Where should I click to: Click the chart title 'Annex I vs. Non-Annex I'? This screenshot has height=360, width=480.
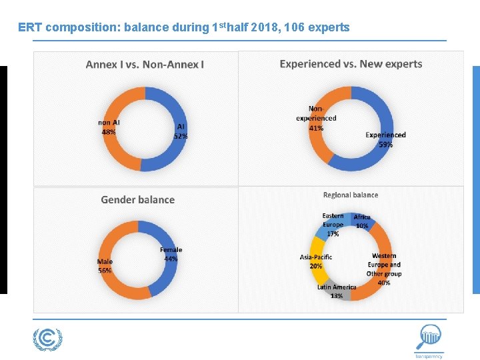[x=145, y=65]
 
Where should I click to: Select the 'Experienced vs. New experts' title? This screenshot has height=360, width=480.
[x=351, y=64]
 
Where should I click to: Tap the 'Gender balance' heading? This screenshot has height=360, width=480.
[x=137, y=199]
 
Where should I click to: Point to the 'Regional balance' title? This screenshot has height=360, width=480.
[x=350, y=195]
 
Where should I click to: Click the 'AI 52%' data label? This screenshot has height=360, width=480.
[x=180, y=131]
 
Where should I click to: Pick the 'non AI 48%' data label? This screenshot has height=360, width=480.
[x=109, y=127]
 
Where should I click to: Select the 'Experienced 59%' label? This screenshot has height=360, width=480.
[x=385, y=139]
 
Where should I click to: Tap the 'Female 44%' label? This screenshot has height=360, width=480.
[x=171, y=254]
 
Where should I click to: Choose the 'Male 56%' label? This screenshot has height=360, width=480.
[x=105, y=266]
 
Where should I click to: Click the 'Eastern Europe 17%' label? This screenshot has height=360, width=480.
[x=333, y=225]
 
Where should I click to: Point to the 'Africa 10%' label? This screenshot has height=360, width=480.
[x=362, y=221]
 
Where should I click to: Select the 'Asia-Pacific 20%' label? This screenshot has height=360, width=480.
[x=315, y=261]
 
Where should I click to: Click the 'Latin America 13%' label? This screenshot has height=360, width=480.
[x=336, y=291]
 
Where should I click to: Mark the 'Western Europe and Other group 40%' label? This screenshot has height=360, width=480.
[x=383, y=269]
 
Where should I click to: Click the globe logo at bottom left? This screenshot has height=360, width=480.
[x=47, y=339]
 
